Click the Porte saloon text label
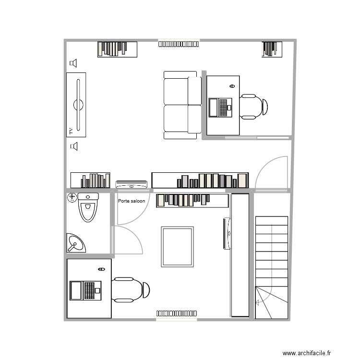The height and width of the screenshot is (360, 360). tap(132, 201)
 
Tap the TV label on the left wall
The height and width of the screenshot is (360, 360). tap(70, 130)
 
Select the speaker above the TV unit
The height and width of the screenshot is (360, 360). tap(73, 63)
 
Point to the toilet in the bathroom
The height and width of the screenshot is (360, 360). tap(88, 207)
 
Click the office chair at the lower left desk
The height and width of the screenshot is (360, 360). tap(130, 289)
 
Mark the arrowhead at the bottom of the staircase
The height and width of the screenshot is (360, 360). tap(257, 302)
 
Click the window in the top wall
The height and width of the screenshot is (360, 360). tap(178, 44)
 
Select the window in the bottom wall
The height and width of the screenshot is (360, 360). tap(176, 314)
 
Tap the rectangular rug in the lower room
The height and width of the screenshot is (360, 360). tap(178, 247)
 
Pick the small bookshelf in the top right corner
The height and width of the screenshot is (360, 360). tap(272, 49)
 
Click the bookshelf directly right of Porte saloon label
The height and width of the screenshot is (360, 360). tap(192, 200)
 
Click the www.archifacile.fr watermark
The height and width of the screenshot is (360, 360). tap(306, 353)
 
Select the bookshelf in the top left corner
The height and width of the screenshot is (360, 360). tap(117, 49)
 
